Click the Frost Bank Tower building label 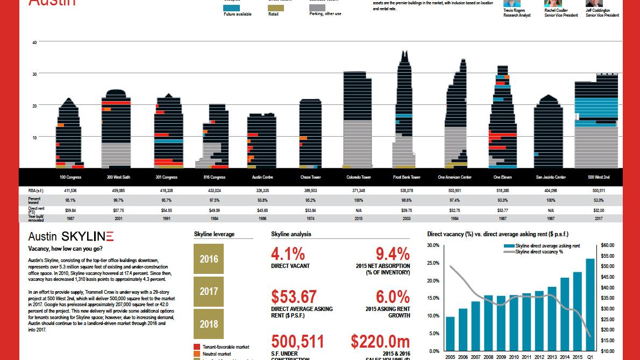tap(407, 177)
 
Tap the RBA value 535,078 tap(407, 190)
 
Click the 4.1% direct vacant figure tap(288, 253)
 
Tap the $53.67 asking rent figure tap(294, 297)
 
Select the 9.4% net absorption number tap(393, 253)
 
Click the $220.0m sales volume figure tap(380, 342)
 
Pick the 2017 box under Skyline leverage tap(209, 291)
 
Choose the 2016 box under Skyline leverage tap(209, 259)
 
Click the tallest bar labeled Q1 tap(590, 305)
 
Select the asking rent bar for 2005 tap(450, 334)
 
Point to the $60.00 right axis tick tap(608, 245)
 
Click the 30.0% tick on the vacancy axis tap(433, 245)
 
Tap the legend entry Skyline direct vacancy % tap(539, 252)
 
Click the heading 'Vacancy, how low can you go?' tap(65, 249)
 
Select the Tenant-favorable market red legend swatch tap(197, 347)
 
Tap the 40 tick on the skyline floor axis tap(34, 42)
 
